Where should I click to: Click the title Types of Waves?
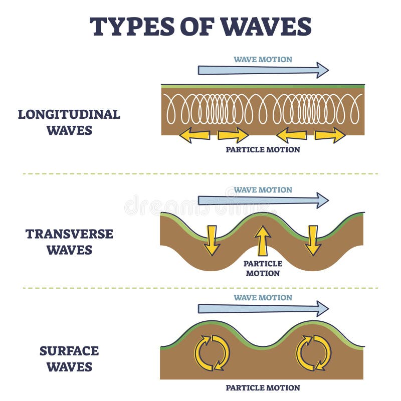(200, 27)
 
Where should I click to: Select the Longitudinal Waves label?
(69, 122)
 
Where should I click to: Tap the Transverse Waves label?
(69, 242)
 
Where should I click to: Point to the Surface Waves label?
(69, 358)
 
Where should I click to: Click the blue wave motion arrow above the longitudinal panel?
(264, 70)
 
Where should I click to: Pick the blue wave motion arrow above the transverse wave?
(264, 200)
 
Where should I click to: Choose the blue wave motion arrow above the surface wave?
(264, 309)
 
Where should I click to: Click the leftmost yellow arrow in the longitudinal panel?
(194, 135)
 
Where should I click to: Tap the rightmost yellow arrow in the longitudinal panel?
(330, 135)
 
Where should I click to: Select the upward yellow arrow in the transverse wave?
(262, 241)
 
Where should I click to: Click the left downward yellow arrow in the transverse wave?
(212, 241)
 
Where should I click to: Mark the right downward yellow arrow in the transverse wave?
(313, 241)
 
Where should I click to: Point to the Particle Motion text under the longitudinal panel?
(263, 149)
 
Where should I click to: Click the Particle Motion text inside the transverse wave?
(263, 269)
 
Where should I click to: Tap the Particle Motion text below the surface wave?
(263, 387)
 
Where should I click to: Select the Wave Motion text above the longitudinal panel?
(263, 59)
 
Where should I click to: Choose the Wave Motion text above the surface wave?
(263, 298)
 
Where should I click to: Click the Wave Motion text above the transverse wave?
(263, 190)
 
